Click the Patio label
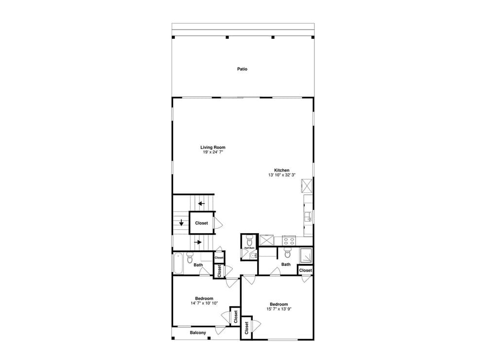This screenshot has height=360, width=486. tap(242, 69)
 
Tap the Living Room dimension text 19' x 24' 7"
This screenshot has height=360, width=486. tap(213, 152)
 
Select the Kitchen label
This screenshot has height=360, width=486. tap(282, 170)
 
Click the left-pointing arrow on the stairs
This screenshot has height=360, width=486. tap(201, 203)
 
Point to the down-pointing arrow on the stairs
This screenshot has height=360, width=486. tap(181, 223)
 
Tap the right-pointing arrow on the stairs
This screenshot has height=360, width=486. tap(198, 241)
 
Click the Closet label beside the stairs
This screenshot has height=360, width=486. tap(201, 223)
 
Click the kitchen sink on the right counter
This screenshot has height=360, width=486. tap(308, 217)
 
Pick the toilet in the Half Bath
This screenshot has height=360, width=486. tap(250, 240)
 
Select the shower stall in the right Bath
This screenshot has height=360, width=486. tap(306, 255)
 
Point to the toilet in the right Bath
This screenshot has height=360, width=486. tap(287, 253)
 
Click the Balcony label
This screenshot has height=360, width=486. tap(198, 333)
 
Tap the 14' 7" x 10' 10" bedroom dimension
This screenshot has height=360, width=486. tap(204, 303)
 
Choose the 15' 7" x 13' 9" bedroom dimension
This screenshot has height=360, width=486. tap(279, 309)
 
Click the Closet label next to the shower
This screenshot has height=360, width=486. tap(305, 270)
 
